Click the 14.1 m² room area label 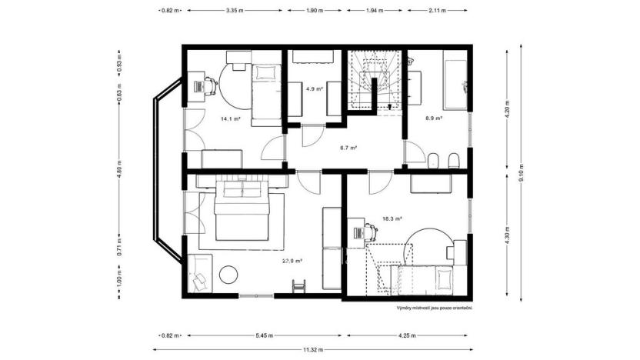tap(231, 119)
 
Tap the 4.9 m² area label tap(314, 89)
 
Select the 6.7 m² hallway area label tap(348, 148)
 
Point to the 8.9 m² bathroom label tap(435, 118)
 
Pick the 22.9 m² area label tap(292, 261)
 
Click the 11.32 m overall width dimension tap(312, 350)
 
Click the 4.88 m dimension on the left tap(119, 173)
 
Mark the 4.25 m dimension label tap(407, 335)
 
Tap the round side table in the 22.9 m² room tap(229, 274)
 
